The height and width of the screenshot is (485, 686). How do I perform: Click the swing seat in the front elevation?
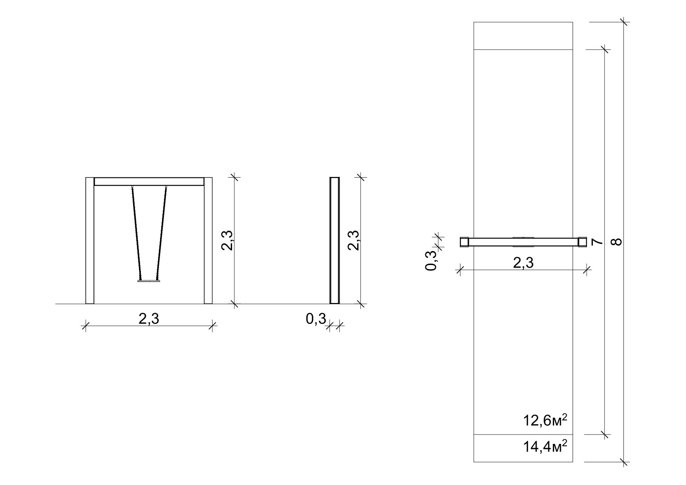(x=149, y=280)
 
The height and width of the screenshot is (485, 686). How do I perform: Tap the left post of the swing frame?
(x=90, y=240)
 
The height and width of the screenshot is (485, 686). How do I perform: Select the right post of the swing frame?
(x=208, y=240)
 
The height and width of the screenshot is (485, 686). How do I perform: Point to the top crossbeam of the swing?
(x=149, y=182)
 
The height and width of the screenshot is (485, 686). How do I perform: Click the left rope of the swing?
(x=136, y=233)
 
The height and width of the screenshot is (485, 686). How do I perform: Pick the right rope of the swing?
(x=162, y=233)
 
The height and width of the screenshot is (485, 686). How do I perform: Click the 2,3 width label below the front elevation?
(x=149, y=319)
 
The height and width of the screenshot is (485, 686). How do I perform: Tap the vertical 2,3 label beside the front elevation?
(x=227, y=240)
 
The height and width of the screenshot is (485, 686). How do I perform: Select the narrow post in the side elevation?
(x=335, y=240)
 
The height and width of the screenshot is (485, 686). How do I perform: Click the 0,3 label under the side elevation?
(x=316, y=319)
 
